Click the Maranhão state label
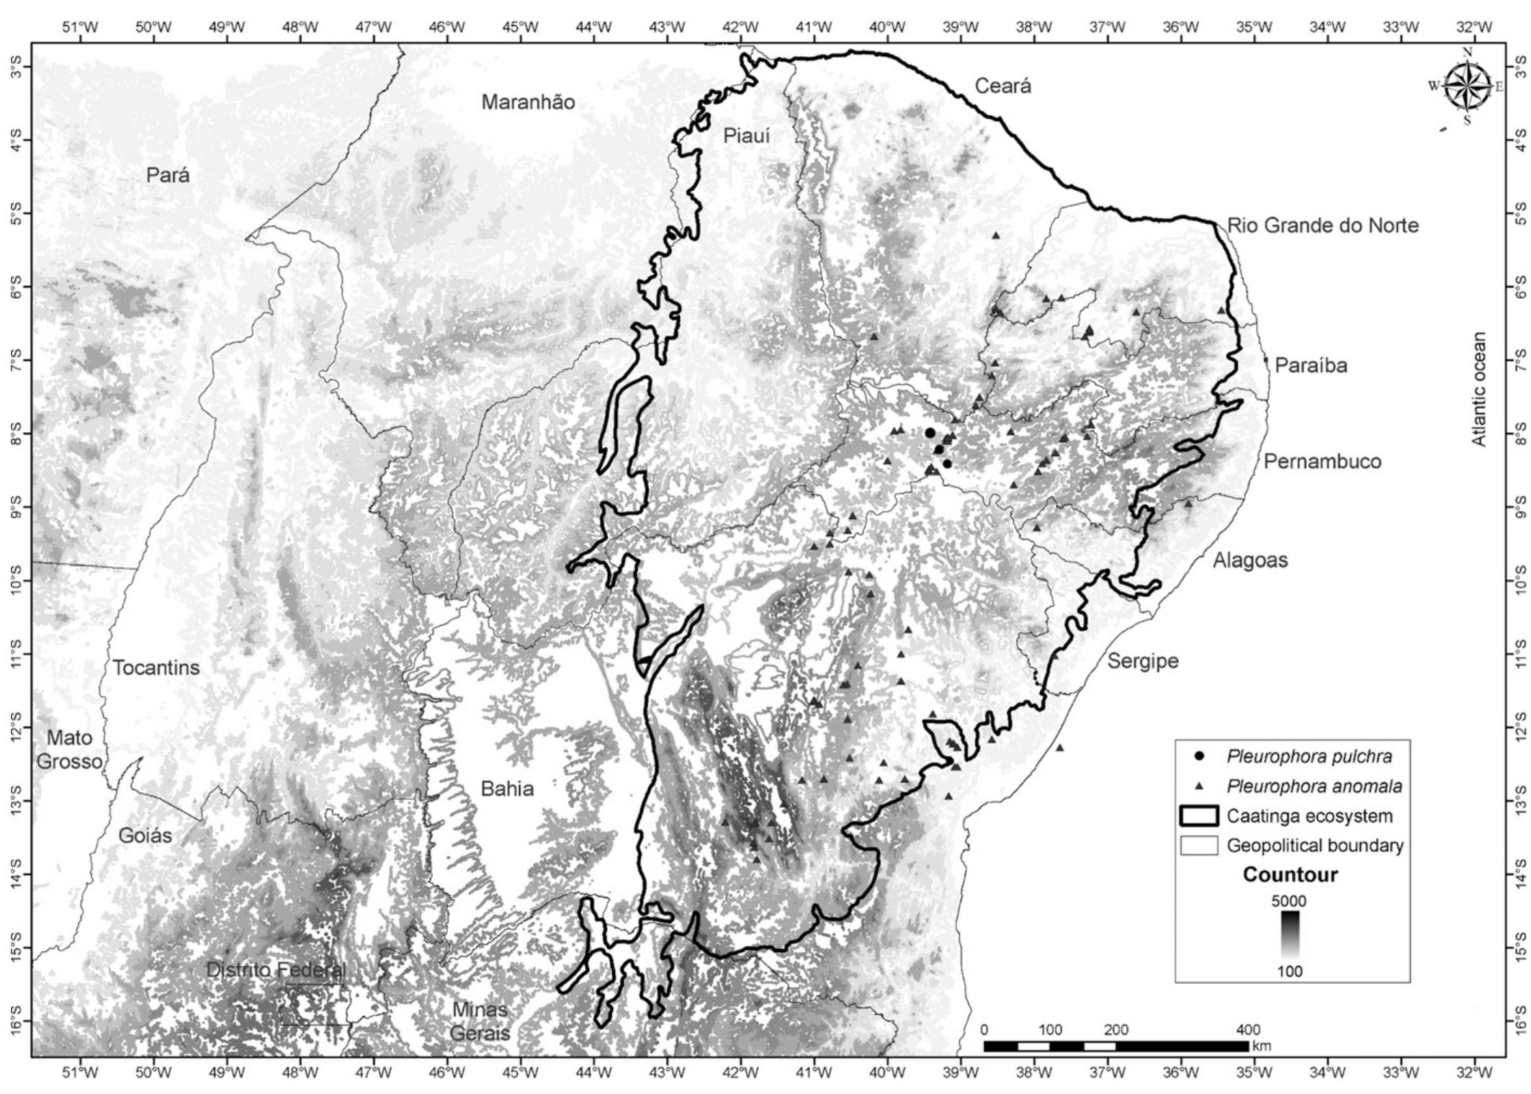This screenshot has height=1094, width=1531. pyautogui.click(x=528, y=103)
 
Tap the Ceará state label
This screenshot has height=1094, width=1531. pyautogui.click(x=1002, y=86)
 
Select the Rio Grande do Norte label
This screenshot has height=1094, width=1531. pyautogui.click(x=1322, y=225)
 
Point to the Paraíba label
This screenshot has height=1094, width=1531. pyautogui.click(x=1311, y=365)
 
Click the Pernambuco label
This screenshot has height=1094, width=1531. pyautogui.click(x=1322, y=462)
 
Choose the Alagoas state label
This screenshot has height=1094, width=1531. pyautogui.click(x=1250, y=560)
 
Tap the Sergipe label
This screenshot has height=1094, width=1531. pyautogui.click(x=1142, y=660)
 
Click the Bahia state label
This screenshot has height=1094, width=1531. pyautogui.click(x=507, y=789)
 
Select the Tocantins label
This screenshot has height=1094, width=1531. pyautogui.click(x=156, y=668)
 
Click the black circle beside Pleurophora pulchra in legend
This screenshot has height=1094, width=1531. pyautogui.click(x=1198, y=756)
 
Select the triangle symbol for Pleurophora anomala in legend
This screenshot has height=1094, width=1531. pyautogui.click(x=1198, y=787)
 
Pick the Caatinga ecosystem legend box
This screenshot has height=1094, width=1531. pyautogui.click(x=1198, y=816)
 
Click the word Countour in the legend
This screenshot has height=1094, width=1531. pyautogui.click(x=1290, y=875)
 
